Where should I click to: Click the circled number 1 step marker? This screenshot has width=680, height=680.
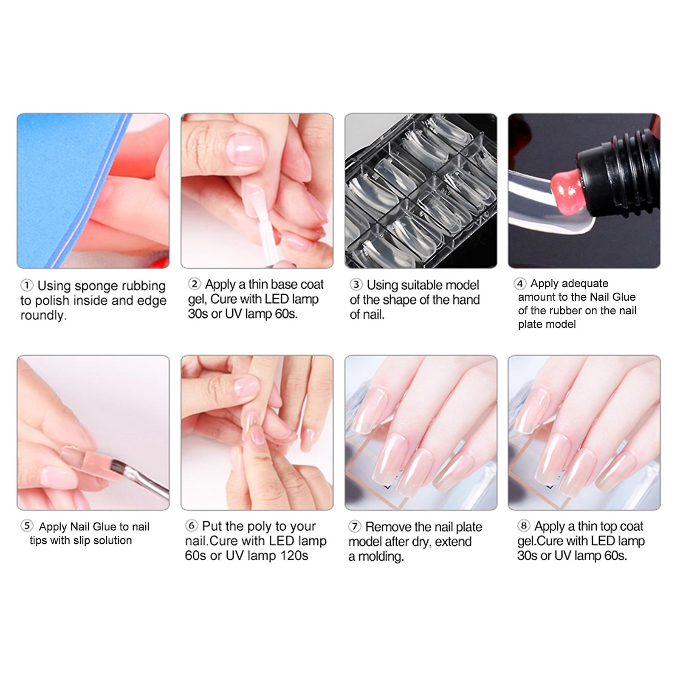27,285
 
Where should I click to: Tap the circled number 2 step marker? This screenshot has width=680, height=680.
194,284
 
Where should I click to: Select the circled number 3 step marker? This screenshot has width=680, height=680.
356,284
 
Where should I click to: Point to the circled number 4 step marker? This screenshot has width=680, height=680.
520,283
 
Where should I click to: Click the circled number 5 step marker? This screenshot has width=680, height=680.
27,526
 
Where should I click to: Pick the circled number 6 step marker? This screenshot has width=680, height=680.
192,526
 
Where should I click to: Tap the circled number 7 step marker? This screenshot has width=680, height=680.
355,527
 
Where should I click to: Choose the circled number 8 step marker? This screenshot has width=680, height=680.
524,526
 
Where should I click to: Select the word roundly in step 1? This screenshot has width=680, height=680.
44,316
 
